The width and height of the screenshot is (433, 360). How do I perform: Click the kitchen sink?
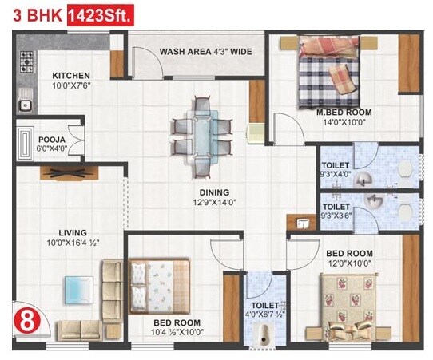[24, 101]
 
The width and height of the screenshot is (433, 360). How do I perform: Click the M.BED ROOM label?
[340, 113]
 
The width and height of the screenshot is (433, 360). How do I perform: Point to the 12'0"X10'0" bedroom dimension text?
[349, 263]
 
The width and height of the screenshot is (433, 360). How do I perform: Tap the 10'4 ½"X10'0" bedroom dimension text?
[177, 333]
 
